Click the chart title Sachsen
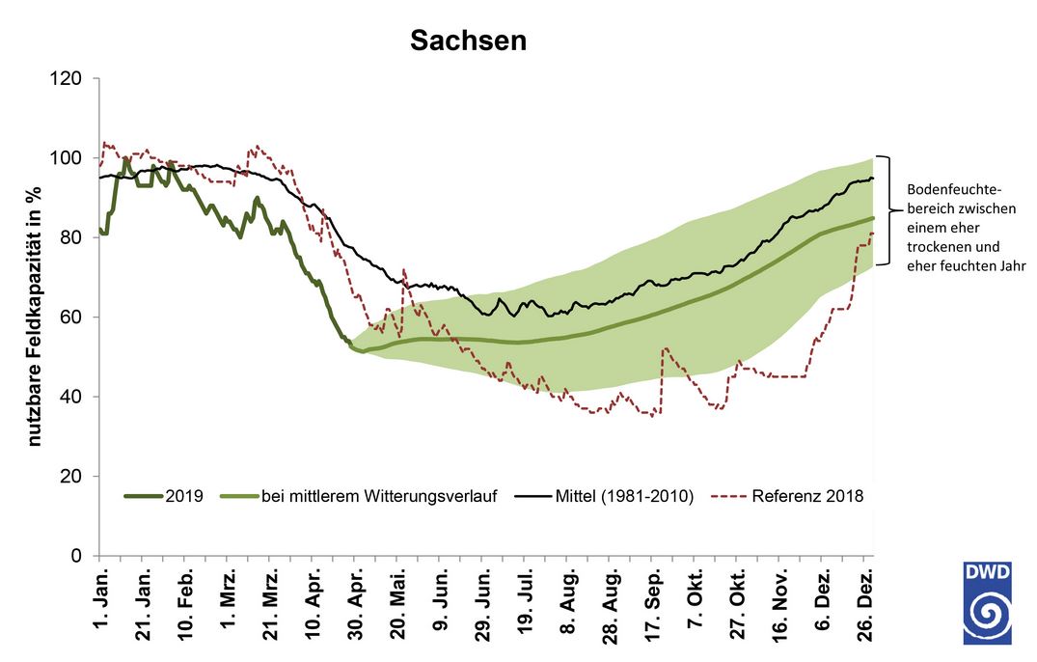coord(468,40)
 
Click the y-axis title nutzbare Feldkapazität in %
coord(36,317)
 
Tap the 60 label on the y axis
coord(72,317)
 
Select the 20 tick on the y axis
coord(72,477)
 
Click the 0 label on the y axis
coord(77,557)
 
